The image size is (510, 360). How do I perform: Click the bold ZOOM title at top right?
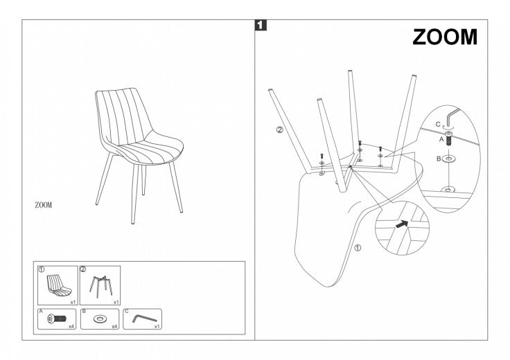click(x=445, y=37)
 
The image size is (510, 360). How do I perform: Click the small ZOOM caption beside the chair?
click(x=43, y=205)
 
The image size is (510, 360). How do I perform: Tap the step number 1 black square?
click(x=261, y=26)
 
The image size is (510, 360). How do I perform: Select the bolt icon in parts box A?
click(x=57, y=318)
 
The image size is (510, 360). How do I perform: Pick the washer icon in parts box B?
click(x=99, y=318)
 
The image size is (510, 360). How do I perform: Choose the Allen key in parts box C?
click(x=144, y=318)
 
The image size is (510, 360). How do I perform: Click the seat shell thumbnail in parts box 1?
click(x=59, y=285)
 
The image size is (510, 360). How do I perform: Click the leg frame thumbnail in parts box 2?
click(x=101, y=285)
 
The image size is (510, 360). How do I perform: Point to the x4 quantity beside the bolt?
click(x=71, y=326)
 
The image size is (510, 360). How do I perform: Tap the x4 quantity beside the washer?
click(x=114, y=326)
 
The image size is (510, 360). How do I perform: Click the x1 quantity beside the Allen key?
click(x=157, y=326)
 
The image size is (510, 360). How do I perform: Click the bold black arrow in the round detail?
click(x=402, y=224)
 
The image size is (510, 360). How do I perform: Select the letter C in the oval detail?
click(x=438, y=124)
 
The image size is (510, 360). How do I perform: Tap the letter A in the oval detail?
click(x=441, y=139)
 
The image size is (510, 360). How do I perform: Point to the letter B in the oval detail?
click(x=439, y=159)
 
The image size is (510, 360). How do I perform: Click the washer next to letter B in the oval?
click(x=449, y=159)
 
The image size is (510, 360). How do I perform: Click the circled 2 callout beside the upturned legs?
click(x=280, y=129)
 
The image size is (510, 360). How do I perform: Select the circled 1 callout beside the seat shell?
click(x=358, y=249)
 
